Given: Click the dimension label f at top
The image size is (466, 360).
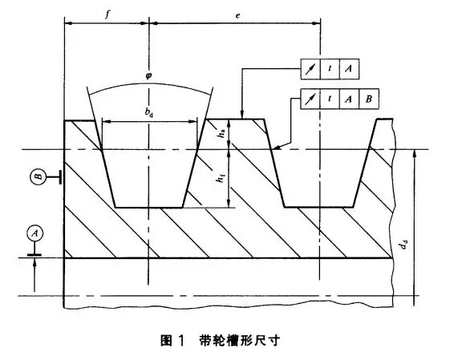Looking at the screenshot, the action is point(107,14).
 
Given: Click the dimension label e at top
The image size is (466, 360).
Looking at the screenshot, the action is point(237,15).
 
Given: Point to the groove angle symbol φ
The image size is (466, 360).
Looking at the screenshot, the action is point(148,75).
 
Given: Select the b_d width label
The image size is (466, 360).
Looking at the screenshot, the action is point(149,112).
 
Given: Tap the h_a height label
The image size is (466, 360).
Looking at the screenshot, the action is point(221,133).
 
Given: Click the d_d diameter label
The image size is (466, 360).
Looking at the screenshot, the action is point(403,245).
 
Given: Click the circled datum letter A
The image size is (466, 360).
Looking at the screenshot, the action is point(35,233).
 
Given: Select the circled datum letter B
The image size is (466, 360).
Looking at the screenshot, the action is point(38,176).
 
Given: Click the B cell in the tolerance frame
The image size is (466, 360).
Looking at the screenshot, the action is point(369,99).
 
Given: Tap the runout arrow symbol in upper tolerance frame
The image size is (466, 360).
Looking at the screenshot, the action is point(310,69).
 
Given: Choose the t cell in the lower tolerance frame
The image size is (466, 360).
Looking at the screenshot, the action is point(330,99).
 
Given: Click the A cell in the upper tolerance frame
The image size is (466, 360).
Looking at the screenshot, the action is point(349,69).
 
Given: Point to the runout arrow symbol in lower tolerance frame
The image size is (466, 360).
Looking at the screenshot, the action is point(310,99).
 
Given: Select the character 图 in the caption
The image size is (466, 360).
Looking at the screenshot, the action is point(167,341).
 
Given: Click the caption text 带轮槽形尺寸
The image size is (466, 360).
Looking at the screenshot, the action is point(240,341).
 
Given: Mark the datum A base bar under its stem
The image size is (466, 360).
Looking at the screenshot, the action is point(34,254).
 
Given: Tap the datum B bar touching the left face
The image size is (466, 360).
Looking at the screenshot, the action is point(60,177).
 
